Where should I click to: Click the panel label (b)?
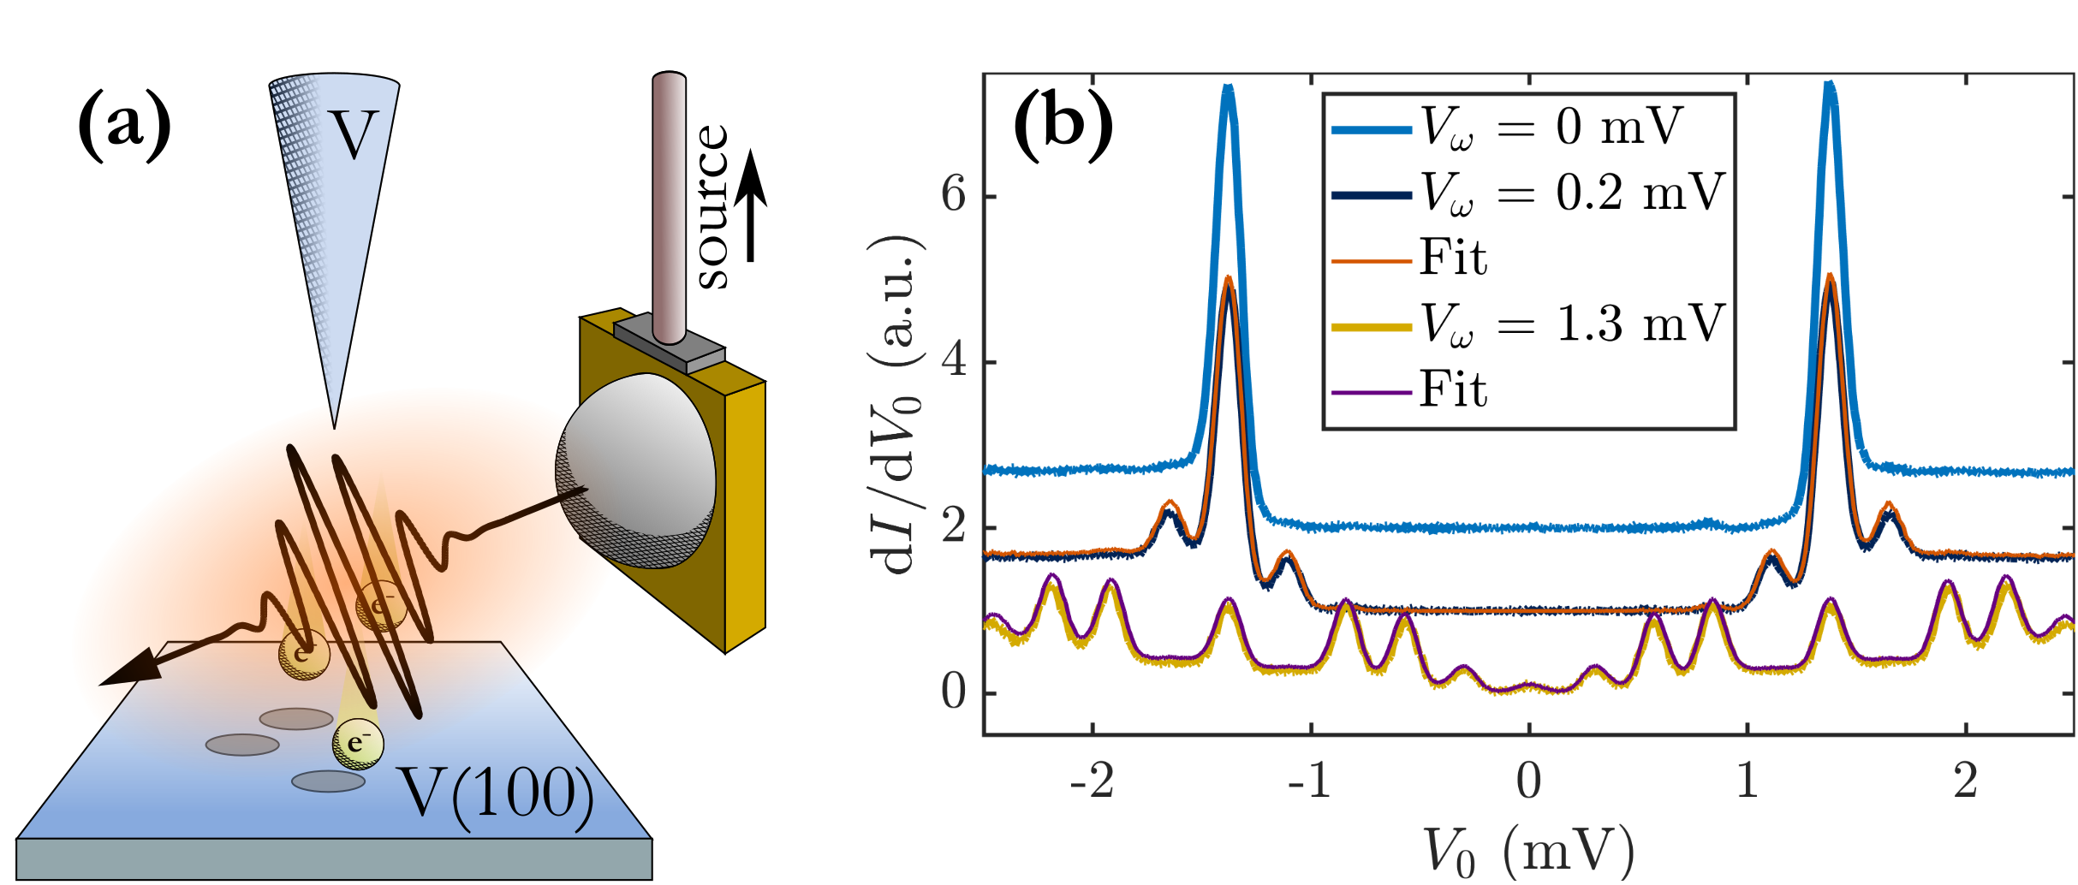pos(1063,127)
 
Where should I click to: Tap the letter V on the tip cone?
pos(354,134)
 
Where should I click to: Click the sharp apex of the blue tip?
pos(334,425)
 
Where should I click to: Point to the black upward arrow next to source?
pos(751,205)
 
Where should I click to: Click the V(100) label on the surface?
pos(497,794)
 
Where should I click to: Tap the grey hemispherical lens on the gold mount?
pos(635,471)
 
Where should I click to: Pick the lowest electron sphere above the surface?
pos(358,745)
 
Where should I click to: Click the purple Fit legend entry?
pos(1453,390)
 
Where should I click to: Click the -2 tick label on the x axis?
pos(1092,781)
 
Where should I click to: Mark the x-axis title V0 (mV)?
pos(1528,852)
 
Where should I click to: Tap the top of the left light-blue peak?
pos(1228,88)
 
